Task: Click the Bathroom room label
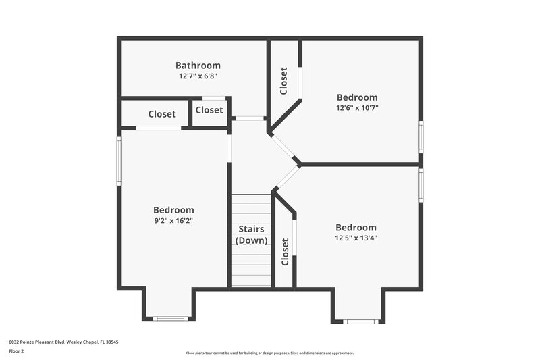pos(198,66)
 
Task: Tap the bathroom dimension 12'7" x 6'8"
pos(198,76)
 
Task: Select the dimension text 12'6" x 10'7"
pos(357,107)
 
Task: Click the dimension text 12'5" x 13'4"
pos(356,238)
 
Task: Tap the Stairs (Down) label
pos(251,234)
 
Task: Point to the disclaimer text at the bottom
pos(269,353)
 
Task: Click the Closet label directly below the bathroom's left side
pos(162,114)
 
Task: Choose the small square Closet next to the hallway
pos(209,110)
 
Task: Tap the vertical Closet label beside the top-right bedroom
pos(284,80)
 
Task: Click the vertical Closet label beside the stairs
pos(285,251)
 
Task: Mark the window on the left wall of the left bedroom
pos(119,161)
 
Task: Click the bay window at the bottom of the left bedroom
pos(169,318)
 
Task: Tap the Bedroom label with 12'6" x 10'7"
pos(357,97)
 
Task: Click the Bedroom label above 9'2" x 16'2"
pos(173,210)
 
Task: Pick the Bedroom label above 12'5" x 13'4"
pos(356,228)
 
